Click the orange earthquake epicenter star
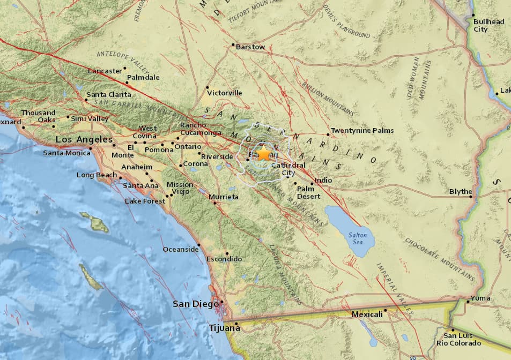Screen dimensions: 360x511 click(x=264, y=154)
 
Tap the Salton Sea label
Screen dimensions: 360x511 click(x=358, y=238)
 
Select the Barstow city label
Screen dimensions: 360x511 click(x=250, y=47)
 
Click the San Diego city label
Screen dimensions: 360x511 click(x=196, y=304)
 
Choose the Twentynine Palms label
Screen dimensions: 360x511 click(x=362, y=130)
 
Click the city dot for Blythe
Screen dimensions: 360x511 click(x=471, y=197)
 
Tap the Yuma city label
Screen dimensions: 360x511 click(x=480, y=298)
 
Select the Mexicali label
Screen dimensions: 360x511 click(x=367, y=314)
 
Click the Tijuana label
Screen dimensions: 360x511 click(x=224, y=328)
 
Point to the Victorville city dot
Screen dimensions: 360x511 click(x=207, y=87)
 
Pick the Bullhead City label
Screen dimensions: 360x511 click(x=488, y=25)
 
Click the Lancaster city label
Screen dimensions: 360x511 click(x=105, y=71)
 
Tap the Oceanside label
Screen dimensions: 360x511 click(x=180, y=249)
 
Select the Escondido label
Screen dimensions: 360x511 click(x=224, y=259)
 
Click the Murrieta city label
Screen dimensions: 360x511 click(x=224, y=197)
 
